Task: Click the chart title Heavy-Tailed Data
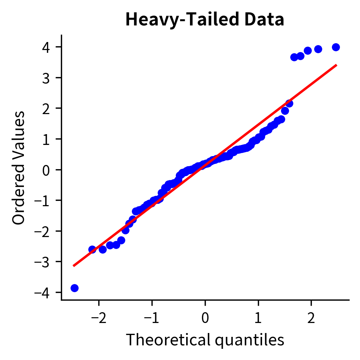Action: tap(205, 20)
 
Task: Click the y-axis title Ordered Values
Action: tap(19, 168)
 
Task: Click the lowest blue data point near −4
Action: tap(74, 288)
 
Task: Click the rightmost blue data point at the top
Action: tap(336, 47)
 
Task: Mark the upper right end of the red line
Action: tap(336, 65)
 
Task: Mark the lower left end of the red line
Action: tap(74, 266)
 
